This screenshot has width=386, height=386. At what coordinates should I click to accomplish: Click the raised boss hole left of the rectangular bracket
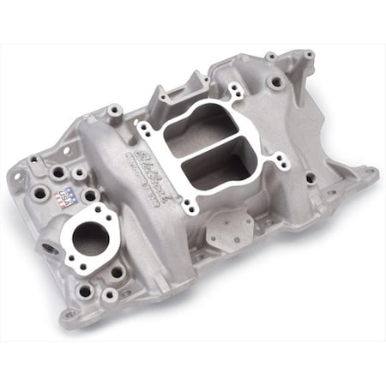tap(113, 112)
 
